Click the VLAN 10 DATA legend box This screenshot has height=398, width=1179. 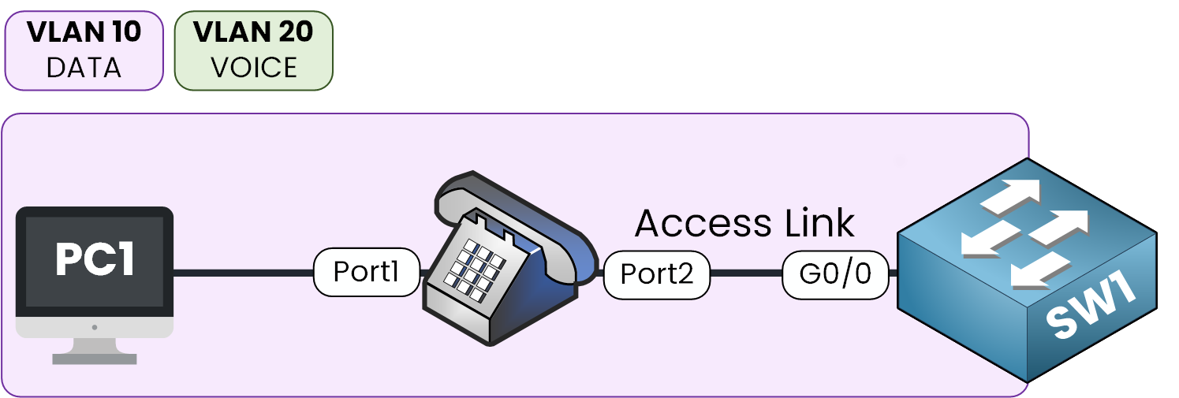tap(84, 50)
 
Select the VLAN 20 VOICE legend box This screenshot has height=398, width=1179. tap(253, 50)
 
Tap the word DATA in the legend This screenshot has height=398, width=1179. tap(84, 68)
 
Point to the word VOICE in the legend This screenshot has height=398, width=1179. tap(253, 68)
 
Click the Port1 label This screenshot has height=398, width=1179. tap(366, 273)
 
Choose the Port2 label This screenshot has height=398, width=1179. tap(656, 274)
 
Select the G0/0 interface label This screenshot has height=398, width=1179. tap(835, 274)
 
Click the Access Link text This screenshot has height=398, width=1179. tap(744, 223)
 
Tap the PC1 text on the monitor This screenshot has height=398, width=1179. tap(94, 260)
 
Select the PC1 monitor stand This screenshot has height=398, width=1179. tap(94, 352)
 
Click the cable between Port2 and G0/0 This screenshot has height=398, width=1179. tap(745, 274)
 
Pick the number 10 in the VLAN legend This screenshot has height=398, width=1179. tap(122, 32)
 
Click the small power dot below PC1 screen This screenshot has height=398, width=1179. tap(94, 326)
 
